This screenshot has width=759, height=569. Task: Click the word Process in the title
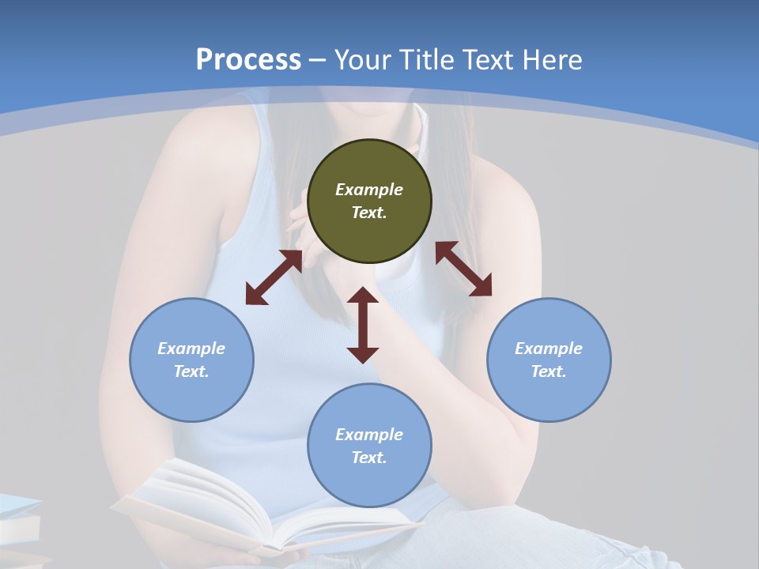[x=248, y=60]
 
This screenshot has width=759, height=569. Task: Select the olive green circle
[x=369, y=201]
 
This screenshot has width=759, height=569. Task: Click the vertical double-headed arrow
[x=363, y=325]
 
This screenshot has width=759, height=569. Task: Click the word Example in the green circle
[x=369, y=190]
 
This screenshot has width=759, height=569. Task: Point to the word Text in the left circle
[x=191, y=371]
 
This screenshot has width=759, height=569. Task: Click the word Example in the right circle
[x=549, y=349]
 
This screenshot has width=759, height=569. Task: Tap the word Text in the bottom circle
[x=369, y=458]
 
